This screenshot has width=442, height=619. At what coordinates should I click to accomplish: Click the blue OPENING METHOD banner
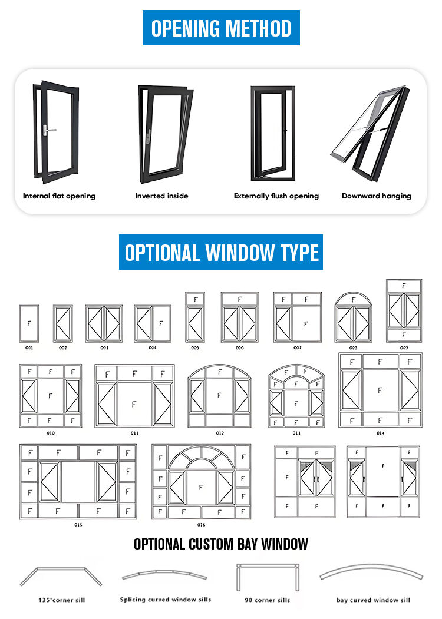[x=221, y=28]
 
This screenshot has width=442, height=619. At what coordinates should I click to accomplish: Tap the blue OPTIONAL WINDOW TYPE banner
[x=221, y=252]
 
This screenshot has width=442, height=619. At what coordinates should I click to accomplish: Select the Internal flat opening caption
[x=59, y=196]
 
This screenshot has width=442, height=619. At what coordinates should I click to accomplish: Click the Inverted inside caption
[x=162, y=196]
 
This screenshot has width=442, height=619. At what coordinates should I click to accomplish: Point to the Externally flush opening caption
[x=276, y=196]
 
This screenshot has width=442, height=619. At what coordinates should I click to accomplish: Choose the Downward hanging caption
[x=377, y=196]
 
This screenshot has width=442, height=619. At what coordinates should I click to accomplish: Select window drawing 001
[x=29, y=323]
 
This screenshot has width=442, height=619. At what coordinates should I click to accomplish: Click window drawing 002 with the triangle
[x=63, y=323]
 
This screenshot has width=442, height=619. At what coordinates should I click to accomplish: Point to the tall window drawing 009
[x=404, y=311]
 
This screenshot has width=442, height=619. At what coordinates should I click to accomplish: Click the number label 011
[x=134, y=433]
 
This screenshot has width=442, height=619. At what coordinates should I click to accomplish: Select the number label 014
[x=380, y=433]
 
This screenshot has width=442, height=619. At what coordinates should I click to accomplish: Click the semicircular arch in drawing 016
[x=200, y=458]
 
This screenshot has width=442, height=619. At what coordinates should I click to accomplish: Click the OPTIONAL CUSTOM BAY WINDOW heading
[x=221, y=544]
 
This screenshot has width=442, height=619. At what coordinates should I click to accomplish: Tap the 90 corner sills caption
[x=267, y=600]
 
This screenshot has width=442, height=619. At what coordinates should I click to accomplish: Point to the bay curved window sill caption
[x=373, y=600]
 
